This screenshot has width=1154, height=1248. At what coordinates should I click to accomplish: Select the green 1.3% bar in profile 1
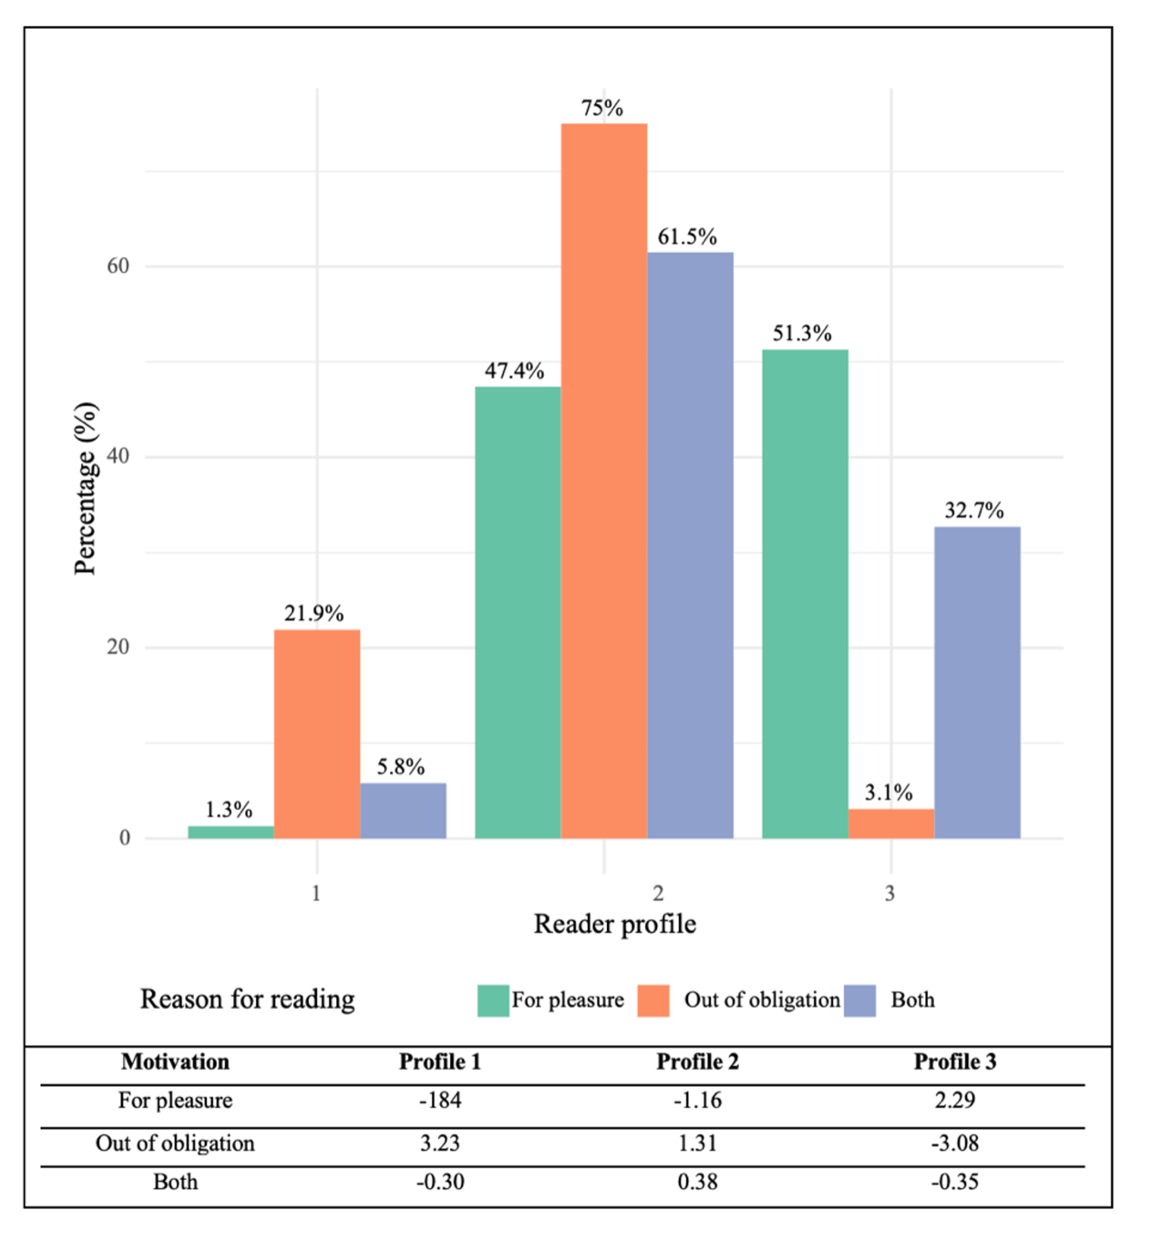click(231, 831)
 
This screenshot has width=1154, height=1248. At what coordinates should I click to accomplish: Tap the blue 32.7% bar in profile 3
click(977, 682)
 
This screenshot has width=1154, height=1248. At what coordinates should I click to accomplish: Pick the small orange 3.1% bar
click(891, 823)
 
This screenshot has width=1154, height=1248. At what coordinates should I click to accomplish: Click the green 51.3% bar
click(805, 593)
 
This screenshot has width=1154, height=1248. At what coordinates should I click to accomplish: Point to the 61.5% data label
click(687, 237)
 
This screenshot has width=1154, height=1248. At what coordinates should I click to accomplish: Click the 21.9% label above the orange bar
click(313, 613)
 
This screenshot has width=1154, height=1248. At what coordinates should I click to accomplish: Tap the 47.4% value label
click(514, 371)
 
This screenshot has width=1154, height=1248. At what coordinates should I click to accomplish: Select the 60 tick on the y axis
click(118, 266)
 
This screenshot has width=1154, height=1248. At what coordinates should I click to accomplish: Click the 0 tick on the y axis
click(124, 838)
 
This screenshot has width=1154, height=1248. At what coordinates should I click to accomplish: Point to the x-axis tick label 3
click(890, 893)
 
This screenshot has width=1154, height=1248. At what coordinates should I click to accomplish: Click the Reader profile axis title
click(615, 924)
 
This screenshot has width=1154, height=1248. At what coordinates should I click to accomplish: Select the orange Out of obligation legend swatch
click(653, 1000)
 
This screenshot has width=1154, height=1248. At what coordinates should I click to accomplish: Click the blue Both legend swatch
click(860, 1000)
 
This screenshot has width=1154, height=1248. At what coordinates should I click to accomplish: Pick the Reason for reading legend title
click(247, 999)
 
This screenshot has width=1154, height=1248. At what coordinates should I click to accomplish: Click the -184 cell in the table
click(440, 1100)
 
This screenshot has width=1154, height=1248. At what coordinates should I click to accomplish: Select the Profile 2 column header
click(696, 1061)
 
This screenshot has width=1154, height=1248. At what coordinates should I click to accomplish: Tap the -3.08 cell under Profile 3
click(954, 1143)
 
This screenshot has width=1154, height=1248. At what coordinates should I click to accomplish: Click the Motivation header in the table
click(175, 1061)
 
